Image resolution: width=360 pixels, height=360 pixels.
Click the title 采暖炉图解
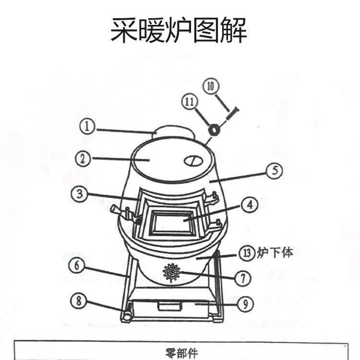(x=179, y=30)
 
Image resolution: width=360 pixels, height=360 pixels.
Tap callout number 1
(x=87, y=127)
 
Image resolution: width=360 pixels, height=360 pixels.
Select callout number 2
(x=84, y=159)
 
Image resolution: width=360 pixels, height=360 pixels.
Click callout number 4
(x=250, y=205)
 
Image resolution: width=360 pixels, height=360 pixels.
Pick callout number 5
(x=274, y=171)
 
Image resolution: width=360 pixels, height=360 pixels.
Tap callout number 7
(x=243, y=277)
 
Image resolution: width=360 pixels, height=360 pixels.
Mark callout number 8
(x=79, y=301)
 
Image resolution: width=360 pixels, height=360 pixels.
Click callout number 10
(x=212, y=87)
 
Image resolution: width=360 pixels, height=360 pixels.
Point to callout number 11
(x=189, y=101)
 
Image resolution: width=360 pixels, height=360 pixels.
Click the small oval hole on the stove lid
(x=192, y=160)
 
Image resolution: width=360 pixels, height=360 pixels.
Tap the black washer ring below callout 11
(x=213, y=129)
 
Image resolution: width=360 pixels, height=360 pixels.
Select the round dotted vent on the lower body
(x=171, y=273)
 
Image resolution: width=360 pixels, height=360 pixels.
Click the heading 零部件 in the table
(x=180, y=353)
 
